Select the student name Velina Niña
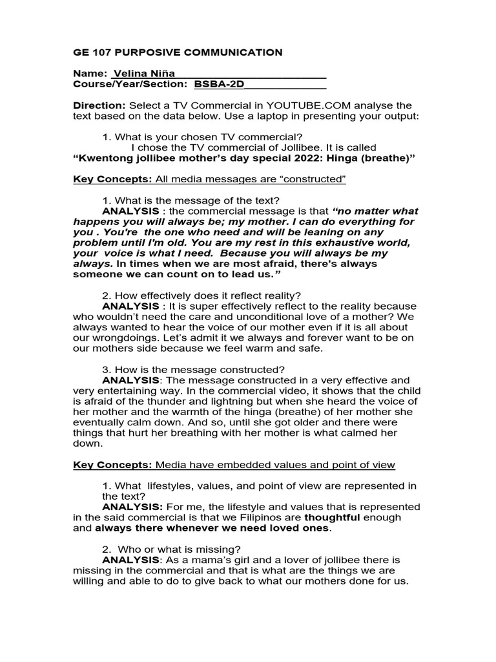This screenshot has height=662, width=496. point(144,74)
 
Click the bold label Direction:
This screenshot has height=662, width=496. point(99,106)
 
